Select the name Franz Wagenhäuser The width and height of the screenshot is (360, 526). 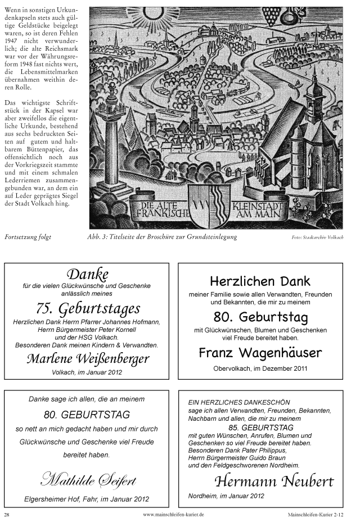260,353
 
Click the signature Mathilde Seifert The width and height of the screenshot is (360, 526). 87,479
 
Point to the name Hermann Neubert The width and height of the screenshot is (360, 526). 273,481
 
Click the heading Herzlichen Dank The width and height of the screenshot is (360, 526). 260,281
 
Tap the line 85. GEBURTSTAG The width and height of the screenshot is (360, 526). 260,428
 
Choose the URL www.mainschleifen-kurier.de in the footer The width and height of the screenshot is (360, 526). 174,514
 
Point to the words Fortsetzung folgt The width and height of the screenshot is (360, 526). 28,237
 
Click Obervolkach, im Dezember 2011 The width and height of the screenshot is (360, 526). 260,368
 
